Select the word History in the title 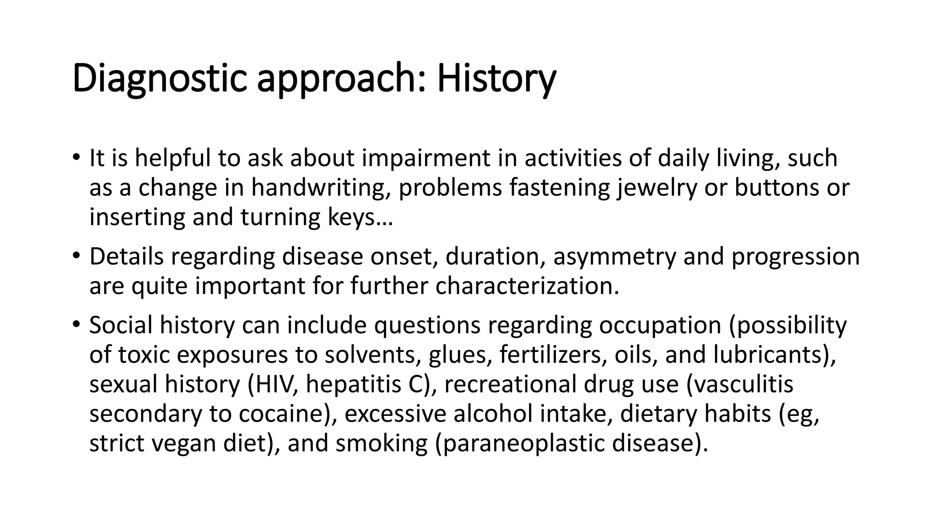pos(496,79)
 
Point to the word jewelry pos(657,188)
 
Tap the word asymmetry pos(614,257)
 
